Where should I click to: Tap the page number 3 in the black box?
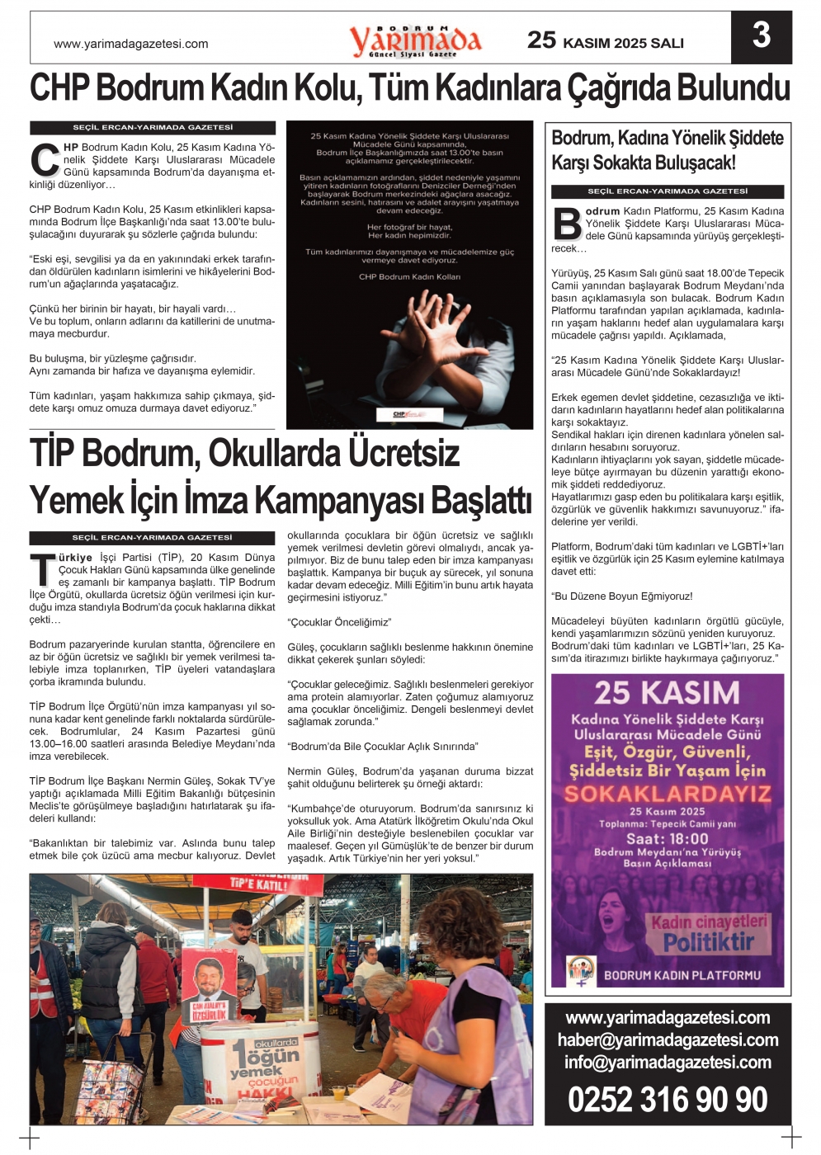pyautogui.click(x=761, y=36)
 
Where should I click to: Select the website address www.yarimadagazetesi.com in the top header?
pyautogui.click(x=131, y=44)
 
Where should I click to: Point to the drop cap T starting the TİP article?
pyautogui.click(x=43, y=570)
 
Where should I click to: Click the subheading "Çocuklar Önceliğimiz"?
pyautogui.click(x=339, y=622)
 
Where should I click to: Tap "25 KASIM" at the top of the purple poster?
pyautogui.click(x=667, y=692)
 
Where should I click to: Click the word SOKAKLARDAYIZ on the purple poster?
pyautogui.click(x=668, y=794)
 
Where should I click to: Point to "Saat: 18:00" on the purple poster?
pyautogui.click(x=667, y=838)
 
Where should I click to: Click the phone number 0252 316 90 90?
pyautogui.click(x=668, y=1099)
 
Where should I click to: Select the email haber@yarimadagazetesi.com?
pyautogui.click(x=668, y=1039)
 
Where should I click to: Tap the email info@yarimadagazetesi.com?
pyautogui.click(x=668, y=1062)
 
